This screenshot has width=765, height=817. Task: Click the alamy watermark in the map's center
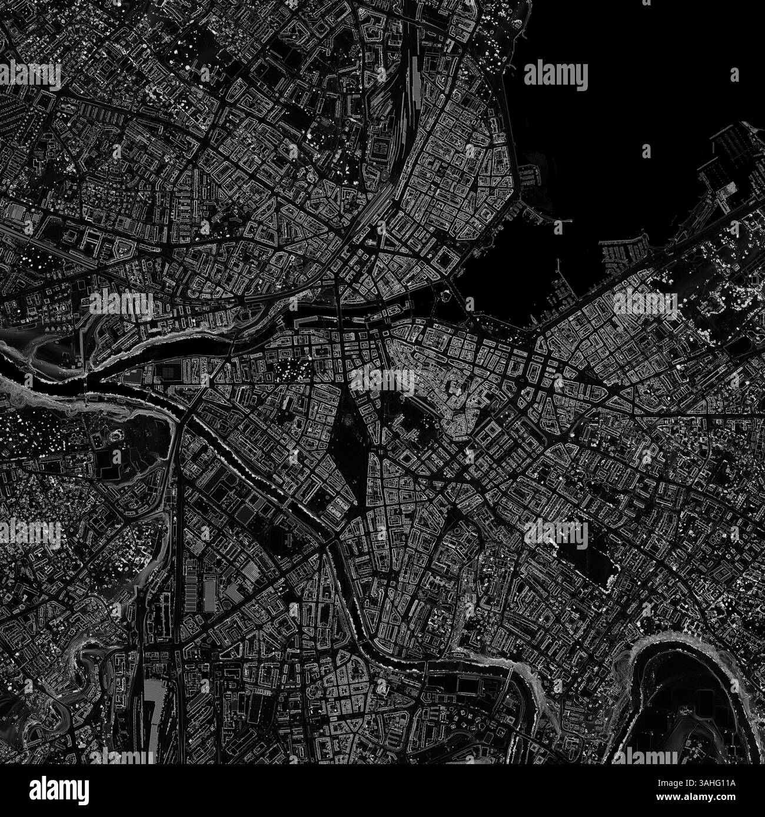point(382,381)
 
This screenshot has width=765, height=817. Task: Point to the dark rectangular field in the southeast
point(583,555)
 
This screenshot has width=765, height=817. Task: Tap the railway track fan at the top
point(406,106)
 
